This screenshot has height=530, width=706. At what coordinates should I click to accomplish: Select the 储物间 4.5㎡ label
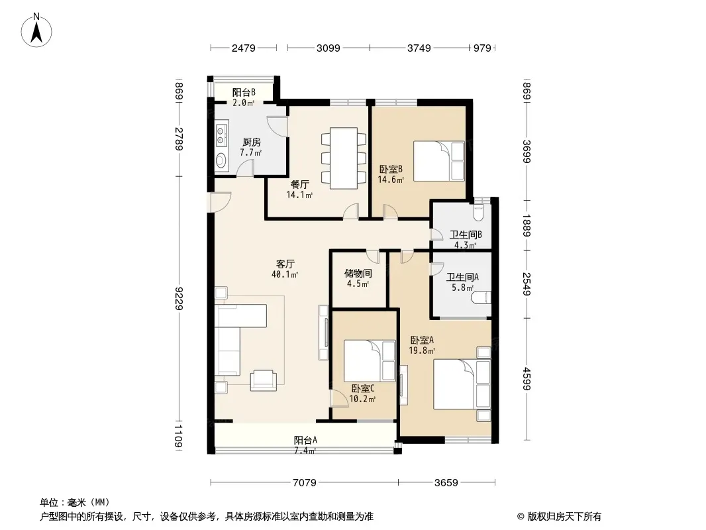coord(358,278)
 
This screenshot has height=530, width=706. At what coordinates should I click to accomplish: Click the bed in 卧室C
coord(369,360)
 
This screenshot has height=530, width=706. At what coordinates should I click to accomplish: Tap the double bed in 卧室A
coord(462,384)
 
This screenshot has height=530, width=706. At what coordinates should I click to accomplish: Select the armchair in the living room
coord(264,380)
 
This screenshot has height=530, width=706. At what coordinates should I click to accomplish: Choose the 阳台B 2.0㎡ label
coord(243,97)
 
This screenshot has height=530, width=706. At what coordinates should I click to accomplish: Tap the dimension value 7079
coord(305,482)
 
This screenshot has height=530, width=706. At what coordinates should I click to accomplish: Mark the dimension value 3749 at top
coord(419,48)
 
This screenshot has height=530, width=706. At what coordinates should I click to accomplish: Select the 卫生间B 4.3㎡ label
coord(466,239)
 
